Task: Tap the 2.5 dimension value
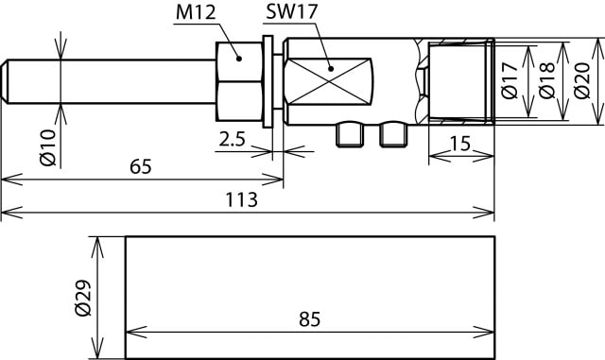tap(233, 139)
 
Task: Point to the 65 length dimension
tap(140, 166)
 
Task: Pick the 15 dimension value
tap(460, 144)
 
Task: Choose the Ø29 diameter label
tap(83, 298)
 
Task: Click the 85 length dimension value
tap(308, 319)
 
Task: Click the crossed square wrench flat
tap(329, 80)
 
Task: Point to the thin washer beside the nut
tap(271, 81)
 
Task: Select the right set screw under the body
tap(392, 134)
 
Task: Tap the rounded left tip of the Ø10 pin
tap(7, 80)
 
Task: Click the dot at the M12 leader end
tap(239, 58)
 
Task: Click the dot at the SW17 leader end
tap(330, 67)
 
